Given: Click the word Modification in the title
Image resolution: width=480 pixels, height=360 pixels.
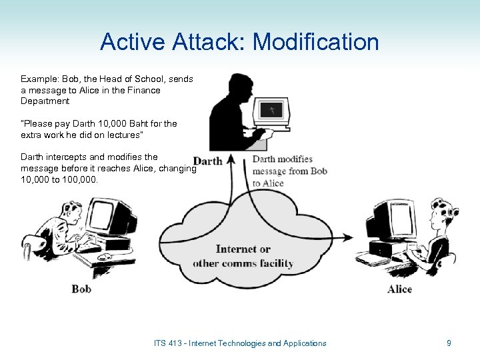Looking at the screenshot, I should coord(316,43).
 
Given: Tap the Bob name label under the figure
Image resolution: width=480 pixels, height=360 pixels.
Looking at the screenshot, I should coord(81,289).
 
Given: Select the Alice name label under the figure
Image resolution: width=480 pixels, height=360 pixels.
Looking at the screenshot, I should coord(399,289).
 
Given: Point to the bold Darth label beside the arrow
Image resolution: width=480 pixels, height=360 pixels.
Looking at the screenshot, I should coord(207,161).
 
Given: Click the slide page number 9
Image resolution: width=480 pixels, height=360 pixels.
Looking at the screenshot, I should coord(449,343).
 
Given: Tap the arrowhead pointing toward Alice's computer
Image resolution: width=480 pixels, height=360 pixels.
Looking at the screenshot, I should coord(349,237).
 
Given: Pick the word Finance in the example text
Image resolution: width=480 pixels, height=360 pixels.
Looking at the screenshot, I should coord(141,90).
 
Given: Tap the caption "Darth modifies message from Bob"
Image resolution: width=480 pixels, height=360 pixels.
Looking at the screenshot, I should coord(287,165).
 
